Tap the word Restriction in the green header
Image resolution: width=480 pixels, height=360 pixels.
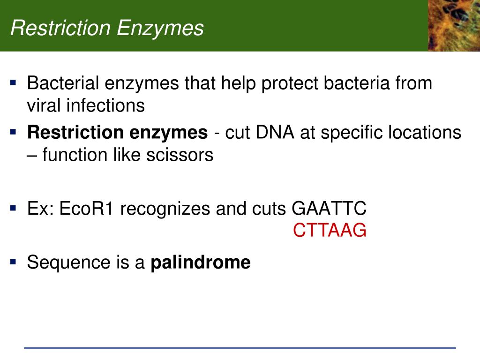[60, 28]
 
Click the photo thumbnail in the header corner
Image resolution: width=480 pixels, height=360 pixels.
[454, 25]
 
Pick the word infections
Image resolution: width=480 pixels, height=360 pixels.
[105, 105]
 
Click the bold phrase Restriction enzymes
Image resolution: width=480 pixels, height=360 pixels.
[118, 133]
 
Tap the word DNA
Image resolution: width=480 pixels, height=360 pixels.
[275, 132]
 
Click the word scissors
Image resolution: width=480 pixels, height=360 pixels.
[180, 155]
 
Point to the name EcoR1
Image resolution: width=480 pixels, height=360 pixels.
[86, 209]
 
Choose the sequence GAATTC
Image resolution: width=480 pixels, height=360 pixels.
[329, 209]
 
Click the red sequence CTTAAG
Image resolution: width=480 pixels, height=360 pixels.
[330, 230]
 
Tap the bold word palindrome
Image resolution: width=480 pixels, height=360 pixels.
[201, 262]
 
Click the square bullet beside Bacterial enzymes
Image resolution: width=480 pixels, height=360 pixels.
[13, 82]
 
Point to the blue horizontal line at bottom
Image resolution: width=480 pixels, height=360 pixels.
[240, 348]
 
